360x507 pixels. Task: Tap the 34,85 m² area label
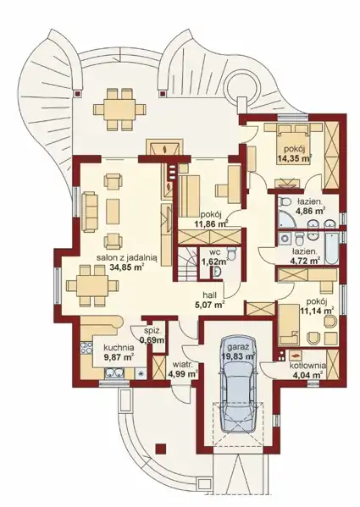[x=128, y=267]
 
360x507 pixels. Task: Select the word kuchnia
[x=119, y=348]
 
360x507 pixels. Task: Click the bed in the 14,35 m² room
[x=293, y=144]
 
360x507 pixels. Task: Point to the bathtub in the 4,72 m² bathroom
[x=331, y=248]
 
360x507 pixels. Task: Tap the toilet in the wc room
[x=231, y=252]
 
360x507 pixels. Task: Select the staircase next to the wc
[x=187, y=264]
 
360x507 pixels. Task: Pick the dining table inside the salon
[x=92, y=286]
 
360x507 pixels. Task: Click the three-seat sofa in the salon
[x=90, y=212]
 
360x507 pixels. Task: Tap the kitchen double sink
[x=114, y=373]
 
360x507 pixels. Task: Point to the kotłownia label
[x=307, y=366]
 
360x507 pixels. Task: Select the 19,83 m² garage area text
[x=238, y=356]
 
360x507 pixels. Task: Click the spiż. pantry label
[x=152, y=331]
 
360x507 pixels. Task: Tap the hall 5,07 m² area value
[x=209, y=304]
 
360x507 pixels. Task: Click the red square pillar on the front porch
[x=160, y=448]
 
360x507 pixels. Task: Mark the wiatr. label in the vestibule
[x=182, y=365]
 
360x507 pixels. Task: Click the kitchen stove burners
[x=86, y=348]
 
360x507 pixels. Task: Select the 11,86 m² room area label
[x=211, y=223]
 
